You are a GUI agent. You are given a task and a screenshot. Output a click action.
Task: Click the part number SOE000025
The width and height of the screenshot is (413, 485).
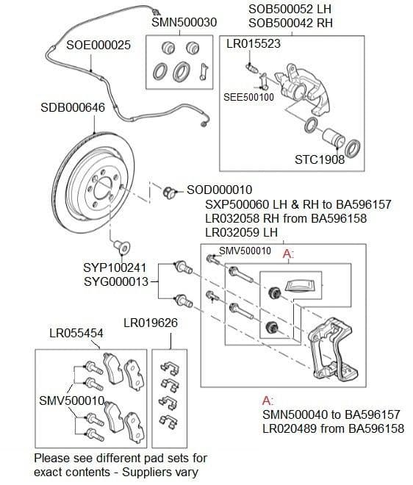(x=98, y=45)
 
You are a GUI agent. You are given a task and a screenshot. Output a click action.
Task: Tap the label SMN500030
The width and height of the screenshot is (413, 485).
(x=184, y=23)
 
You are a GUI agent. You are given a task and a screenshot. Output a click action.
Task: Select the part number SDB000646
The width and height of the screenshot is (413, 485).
(x=72, y=108)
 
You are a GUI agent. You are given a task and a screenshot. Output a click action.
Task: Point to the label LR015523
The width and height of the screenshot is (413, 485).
(x=253, y=44)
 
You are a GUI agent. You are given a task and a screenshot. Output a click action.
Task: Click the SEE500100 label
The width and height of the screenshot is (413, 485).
(x=248, y=97)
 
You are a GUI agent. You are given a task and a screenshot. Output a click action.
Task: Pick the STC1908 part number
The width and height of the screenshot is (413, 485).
(x=319, y=159)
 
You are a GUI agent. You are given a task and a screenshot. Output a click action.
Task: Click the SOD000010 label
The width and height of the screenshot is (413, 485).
(x=219, y=190)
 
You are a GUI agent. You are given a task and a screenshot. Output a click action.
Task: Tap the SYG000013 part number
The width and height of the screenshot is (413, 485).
(x=116, y=281)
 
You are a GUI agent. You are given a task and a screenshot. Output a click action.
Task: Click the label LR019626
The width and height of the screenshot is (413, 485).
(x=150, y=323)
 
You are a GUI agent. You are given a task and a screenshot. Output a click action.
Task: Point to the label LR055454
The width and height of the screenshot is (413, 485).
(x=76, y=334)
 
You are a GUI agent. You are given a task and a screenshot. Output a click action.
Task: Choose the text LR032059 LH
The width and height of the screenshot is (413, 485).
(x=242, y=232)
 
